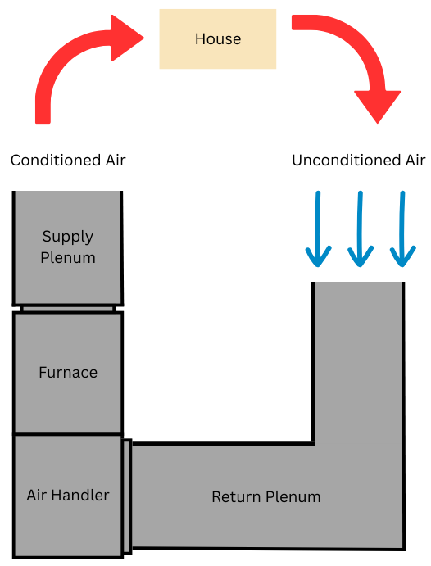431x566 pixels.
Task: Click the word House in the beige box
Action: [x=217, y=38]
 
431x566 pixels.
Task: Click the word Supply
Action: [x=68, y=237]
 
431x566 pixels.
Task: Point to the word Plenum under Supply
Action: [x=68, y=258]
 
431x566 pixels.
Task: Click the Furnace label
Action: [x=68, y=373]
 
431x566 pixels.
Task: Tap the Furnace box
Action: [x=68, y=410]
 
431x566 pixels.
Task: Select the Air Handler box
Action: [x=68, y=528]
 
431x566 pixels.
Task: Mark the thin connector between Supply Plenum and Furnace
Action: [x=68, y=309]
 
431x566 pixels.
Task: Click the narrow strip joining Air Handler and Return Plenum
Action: [x=127, y=496]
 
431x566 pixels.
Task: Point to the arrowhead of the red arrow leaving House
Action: [x=378, y=106]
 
